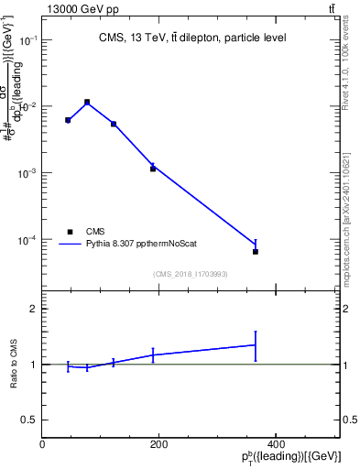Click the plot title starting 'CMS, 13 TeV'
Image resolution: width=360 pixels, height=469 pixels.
click(x=191, y=38)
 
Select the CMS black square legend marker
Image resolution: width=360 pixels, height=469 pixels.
click(x=69, y=232)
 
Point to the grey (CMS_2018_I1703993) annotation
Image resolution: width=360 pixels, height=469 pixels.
click(x=191, y=273)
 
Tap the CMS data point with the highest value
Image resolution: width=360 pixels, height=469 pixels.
click(x=87, y=102)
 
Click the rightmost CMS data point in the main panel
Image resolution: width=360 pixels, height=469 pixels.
click(x=256, y=251)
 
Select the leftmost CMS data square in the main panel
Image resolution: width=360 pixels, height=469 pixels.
click(x=68, y=120)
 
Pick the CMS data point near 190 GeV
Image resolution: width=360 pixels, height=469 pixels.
click(x=153, y=169)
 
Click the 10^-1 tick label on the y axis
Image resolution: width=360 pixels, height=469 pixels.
click(x=27, y=40)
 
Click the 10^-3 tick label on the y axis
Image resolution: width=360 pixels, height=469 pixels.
click(x=27, y=173)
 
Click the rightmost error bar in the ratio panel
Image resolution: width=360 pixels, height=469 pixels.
click(x=256, y=345)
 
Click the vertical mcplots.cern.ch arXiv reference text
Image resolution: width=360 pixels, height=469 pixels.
click(x=352, y=206)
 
